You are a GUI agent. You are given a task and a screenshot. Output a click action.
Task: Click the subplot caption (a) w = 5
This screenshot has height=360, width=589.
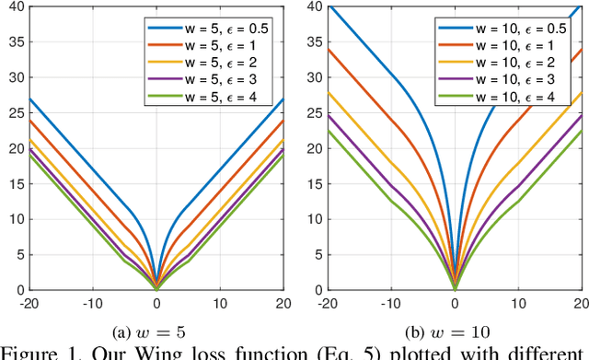point(156,330)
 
